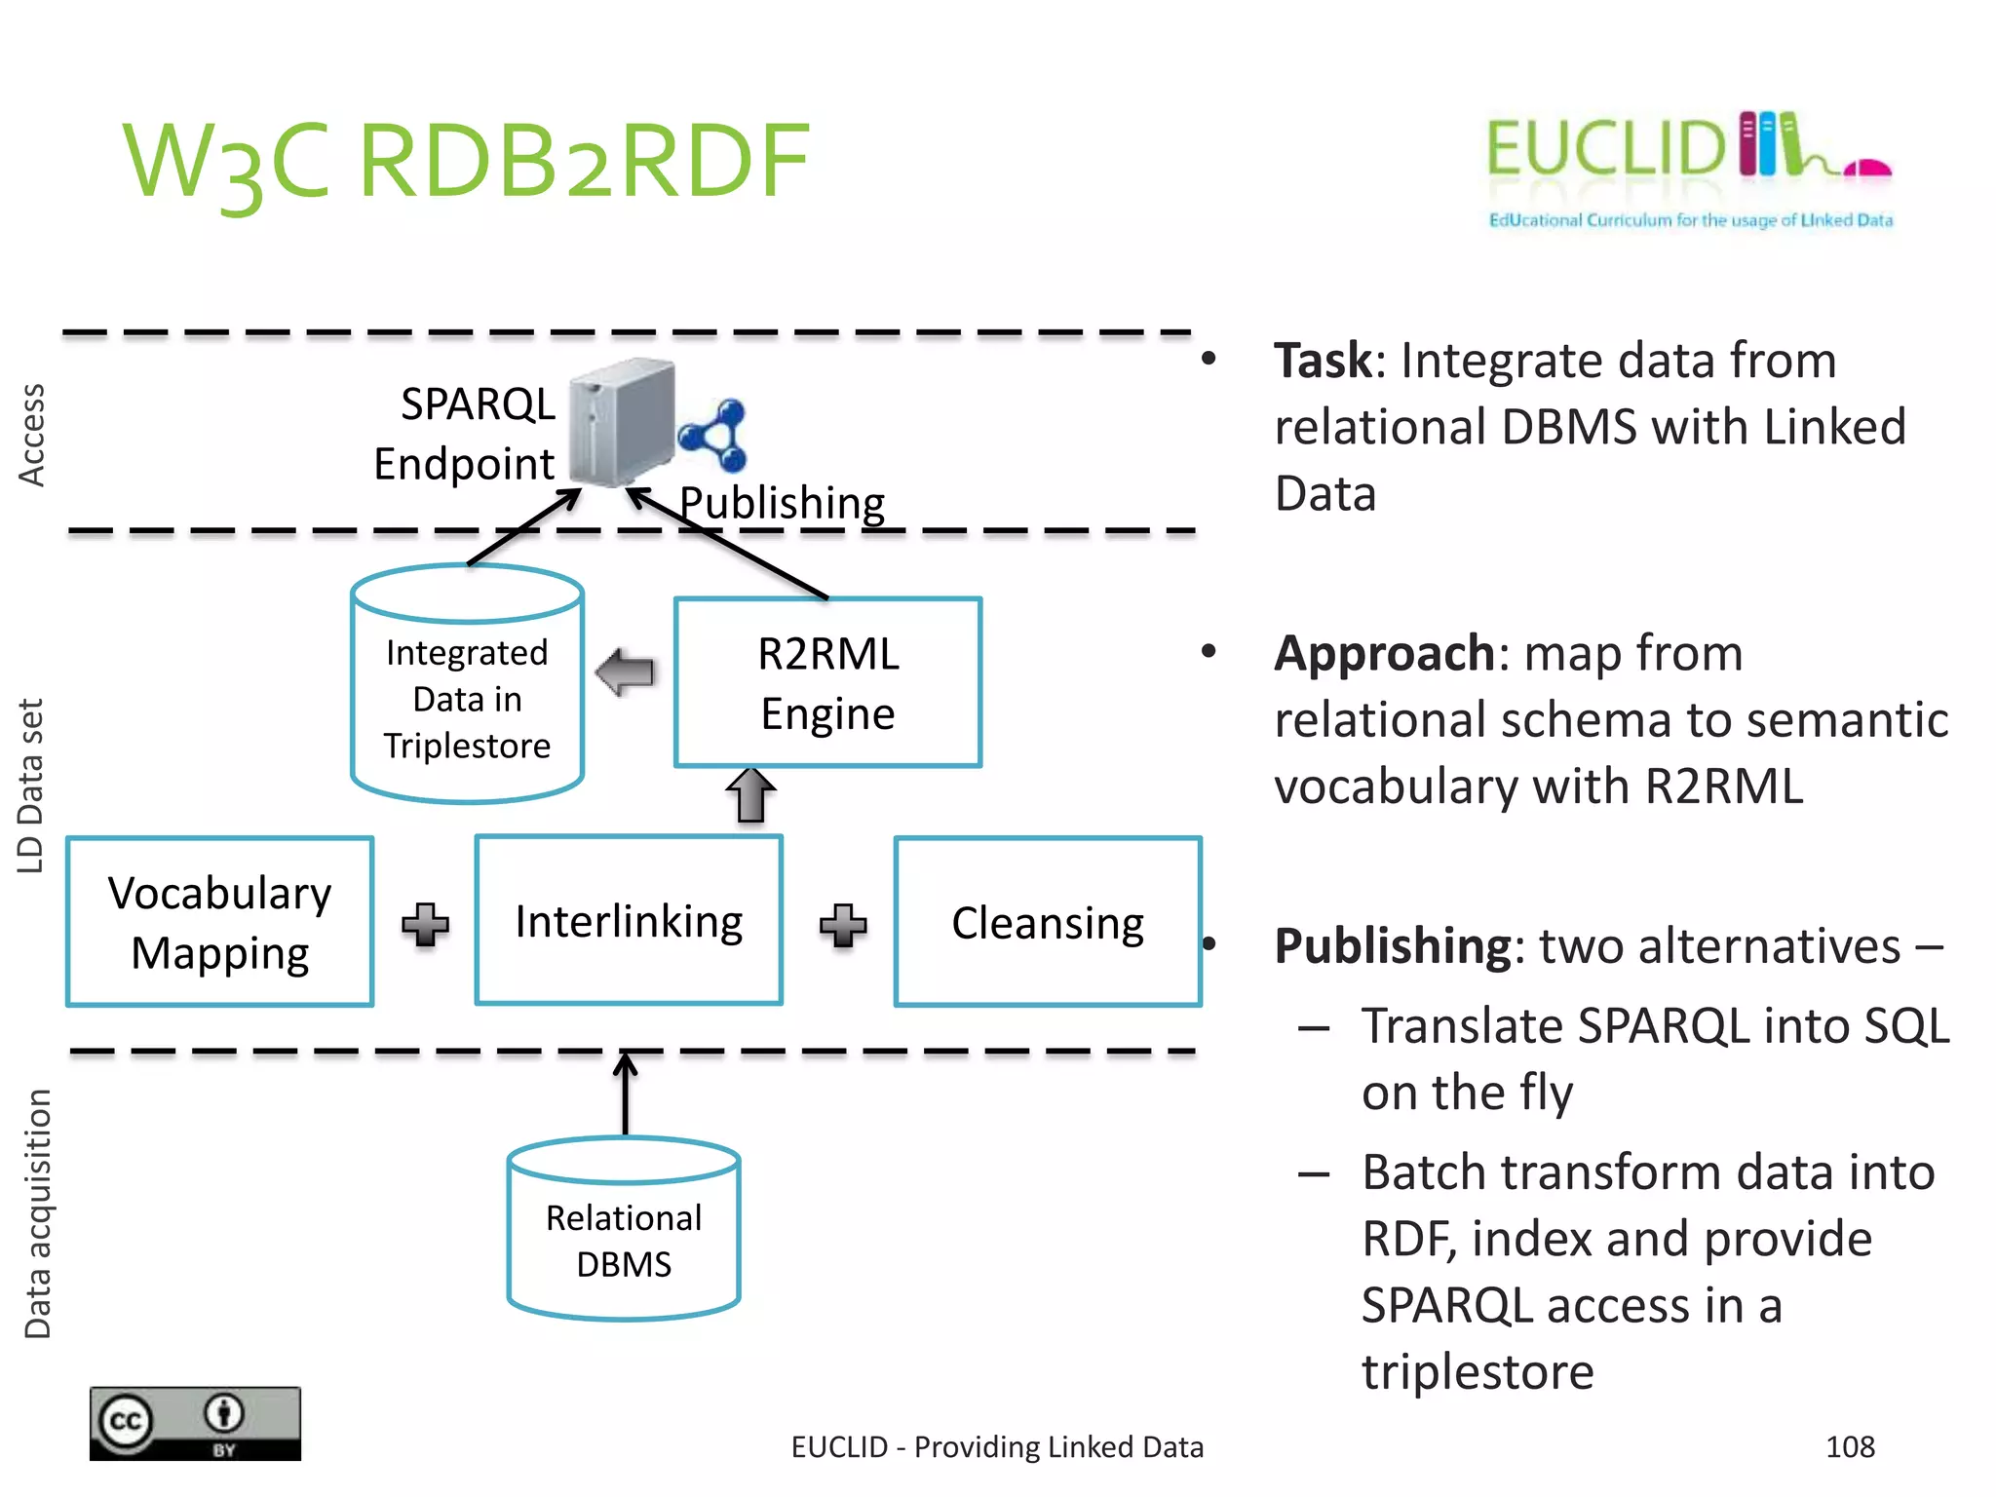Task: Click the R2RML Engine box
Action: (827, 682)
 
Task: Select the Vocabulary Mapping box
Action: (219, 922)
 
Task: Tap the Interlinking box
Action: (629, 921)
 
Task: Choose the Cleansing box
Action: (1048, 922)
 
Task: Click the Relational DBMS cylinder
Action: (624, 1238)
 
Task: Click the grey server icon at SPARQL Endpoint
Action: (622, 424)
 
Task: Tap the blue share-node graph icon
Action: (713, 436)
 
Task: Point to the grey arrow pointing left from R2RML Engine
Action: (625, 672)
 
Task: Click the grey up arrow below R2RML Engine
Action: (750, 795)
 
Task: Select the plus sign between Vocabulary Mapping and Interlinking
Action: (425, 924)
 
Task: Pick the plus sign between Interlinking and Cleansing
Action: (843, 925)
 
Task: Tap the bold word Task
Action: (1323, 361)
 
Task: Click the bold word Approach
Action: (1384, 653)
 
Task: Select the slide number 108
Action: (1850, 1446)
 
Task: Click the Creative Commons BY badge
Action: (195, 1423)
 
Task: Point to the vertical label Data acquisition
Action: (37, 1213)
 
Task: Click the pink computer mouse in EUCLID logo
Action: (1867, 169)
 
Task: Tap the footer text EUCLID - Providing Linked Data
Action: (997, 1447)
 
